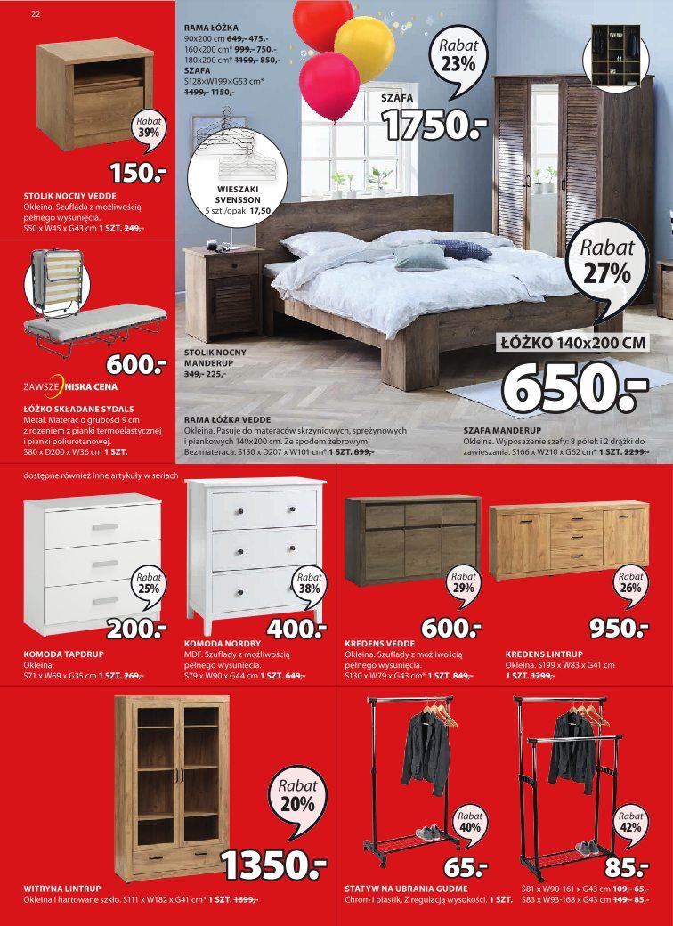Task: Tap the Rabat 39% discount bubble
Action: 149,127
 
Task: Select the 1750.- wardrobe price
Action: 435,126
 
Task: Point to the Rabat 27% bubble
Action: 608,264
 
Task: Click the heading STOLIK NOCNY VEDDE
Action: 70,195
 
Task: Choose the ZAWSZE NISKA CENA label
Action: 70,387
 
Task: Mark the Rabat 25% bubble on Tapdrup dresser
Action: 149,582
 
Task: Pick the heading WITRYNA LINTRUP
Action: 61,889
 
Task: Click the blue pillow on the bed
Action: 460,249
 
